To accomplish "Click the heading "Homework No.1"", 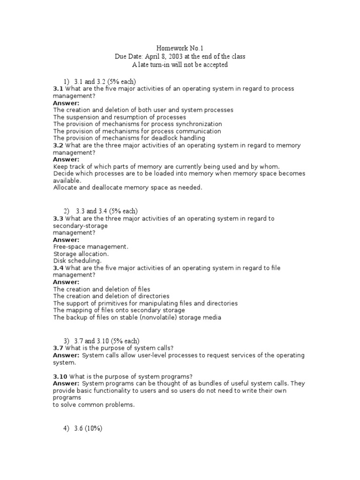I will [x=180, y=48].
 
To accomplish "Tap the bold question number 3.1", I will [x=58, y=89].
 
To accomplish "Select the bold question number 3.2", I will [x=58, y=145].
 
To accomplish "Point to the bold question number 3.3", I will [x=58, y=218].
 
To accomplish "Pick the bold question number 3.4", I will [x=58, y=268].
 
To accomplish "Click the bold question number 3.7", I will [x=58, y=348].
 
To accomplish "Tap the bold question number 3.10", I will [x=60, y=377].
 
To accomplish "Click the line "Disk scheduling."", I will [x=77, y=261].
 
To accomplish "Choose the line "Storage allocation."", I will [x=81, y=254].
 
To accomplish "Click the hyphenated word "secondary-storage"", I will [x=80, y=225].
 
